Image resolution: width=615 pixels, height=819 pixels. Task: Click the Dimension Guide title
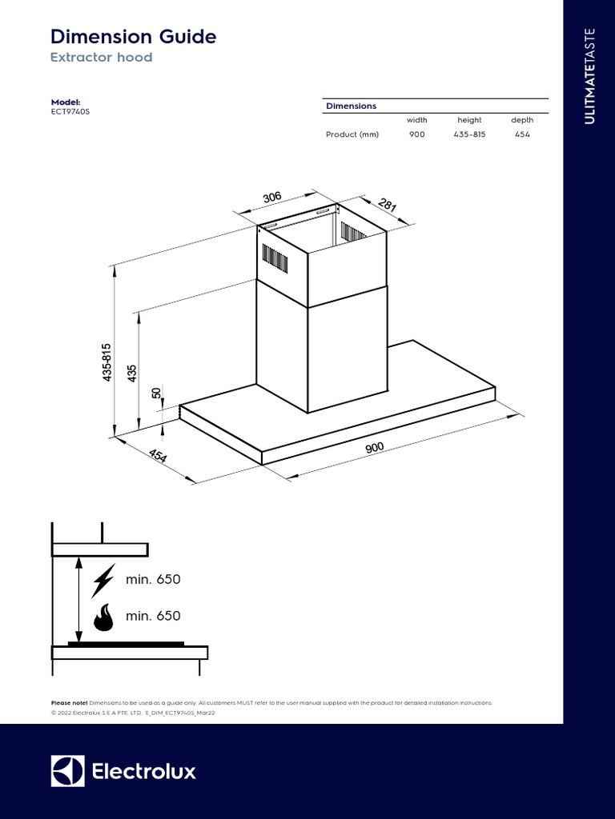click(133, 37)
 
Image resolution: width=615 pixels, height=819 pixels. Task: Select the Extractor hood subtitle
click(101, 58)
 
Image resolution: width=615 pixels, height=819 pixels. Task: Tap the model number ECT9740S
click(70, 112)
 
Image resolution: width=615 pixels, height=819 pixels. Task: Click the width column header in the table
click(416, 120)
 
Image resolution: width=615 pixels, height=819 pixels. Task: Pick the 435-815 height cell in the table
click(469, 134)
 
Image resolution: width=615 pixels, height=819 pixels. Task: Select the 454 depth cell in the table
click(522, 134)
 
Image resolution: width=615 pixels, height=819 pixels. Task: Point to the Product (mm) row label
click(352, 134)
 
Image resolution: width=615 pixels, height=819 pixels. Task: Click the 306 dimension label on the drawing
click(272, 198)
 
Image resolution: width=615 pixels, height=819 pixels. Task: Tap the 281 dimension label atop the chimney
click(387, 205)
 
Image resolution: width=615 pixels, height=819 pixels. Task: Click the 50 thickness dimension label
click(157, 394)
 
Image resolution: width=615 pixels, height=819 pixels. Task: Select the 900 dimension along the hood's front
click(375, 448)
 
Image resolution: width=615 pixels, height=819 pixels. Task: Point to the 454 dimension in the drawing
click(157, 455)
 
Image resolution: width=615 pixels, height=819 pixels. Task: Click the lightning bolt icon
click(102, 581)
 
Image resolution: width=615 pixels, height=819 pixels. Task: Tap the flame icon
click(102, 617)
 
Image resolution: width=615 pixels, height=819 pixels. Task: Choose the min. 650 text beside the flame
click(153, 616)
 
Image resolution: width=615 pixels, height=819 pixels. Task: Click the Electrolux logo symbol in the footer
click(67, 771)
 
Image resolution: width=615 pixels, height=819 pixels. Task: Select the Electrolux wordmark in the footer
click(144, 772)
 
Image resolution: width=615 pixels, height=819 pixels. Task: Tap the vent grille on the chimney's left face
click(275, 257)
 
